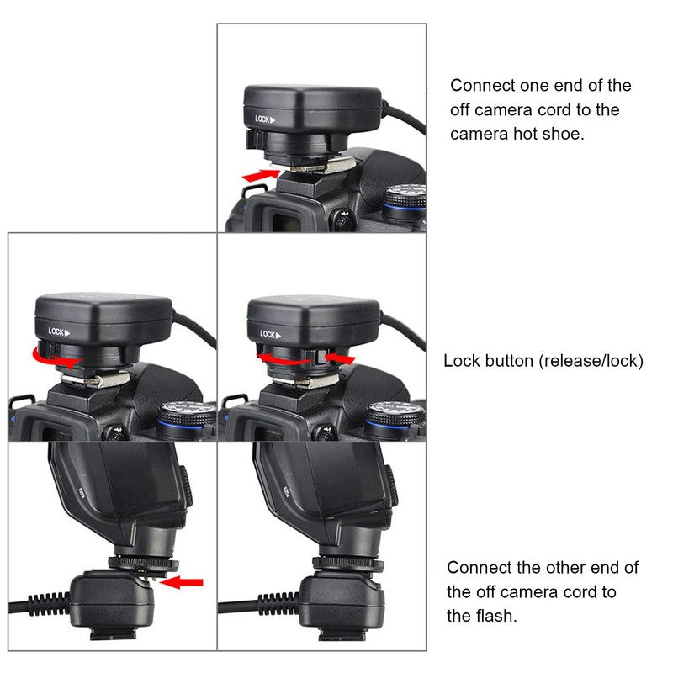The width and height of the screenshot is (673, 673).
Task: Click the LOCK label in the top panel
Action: tap(265, 119)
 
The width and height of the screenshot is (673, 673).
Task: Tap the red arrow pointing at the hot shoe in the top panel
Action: tap(261, 175)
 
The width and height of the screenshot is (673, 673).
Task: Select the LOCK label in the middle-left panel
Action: tap(59, 331)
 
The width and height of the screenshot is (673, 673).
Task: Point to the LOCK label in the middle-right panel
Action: tap(270, 334)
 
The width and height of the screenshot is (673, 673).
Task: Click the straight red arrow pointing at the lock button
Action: tap(340, 358)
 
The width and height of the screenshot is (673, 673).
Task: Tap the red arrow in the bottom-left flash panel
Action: tap(181, 582)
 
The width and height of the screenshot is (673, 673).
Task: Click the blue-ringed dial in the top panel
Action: tap(405, 201)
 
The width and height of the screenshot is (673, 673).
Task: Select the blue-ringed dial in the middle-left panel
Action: tap(186, 420)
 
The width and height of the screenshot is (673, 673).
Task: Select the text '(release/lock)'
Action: tap(591, 361)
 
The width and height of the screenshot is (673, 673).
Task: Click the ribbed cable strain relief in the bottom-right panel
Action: tap(278, 604)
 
